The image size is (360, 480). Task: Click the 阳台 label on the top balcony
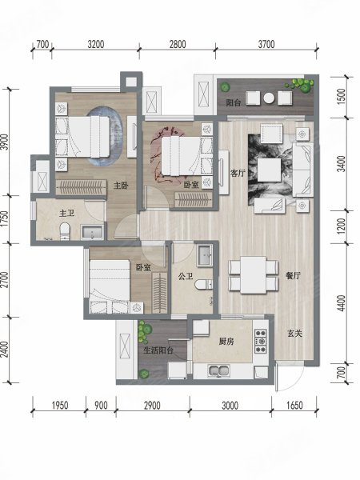233,102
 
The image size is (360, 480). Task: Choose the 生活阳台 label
159,350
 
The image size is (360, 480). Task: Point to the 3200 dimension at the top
96,45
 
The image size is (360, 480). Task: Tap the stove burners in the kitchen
259,342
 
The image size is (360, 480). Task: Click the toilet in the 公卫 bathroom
207,283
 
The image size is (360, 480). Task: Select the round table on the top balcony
270,98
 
